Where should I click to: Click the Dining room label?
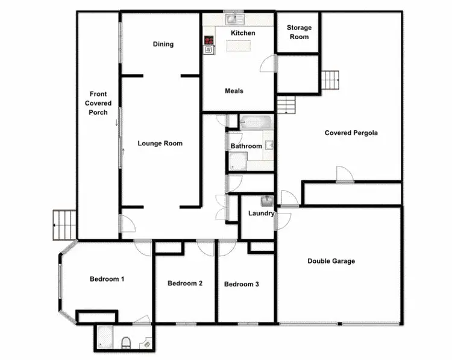tap(163, 44)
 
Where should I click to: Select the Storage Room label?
tap(299, 32)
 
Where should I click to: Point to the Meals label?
tap(234, 91)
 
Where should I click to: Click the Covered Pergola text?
tap(351, 133)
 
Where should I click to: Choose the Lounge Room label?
tap(160, 144)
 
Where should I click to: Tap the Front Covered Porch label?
tap(98, 103)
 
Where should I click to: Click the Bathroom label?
tap(246, 147)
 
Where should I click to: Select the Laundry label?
tap(261, 213)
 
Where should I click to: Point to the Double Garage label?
tap(331, 261)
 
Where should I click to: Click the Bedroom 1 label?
tap(107, 279)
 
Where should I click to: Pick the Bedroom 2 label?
tap(184, 283)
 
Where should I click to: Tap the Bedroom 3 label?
tap(241, 284)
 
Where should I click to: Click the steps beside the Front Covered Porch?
tap(64, 224)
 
